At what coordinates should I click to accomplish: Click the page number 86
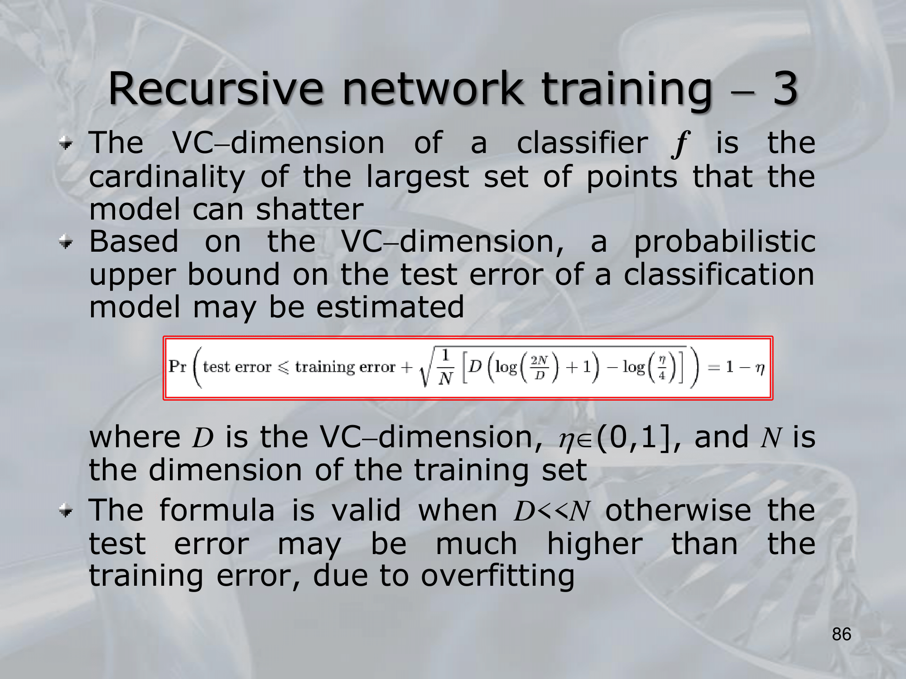pyautogui.click(x=842, y=634)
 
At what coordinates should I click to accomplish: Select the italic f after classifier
pyautogui.click(x=681, y=144)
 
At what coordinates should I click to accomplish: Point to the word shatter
pyautogui.click(x=310, y=209)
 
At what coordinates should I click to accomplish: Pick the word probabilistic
pyautogui.click(x=724, y=241)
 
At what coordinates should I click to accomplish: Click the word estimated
pyautogui.click(x=390, y=307)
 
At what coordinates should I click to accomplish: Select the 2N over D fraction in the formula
pyautogui.click(x=540, y=368)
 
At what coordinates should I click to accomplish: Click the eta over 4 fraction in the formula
pyautogui.click(x=662, y=368)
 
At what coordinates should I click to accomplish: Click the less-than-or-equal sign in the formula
pyautogui.click(x=284, y=368)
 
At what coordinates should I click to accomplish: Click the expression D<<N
pyautogui.click(x=552, y=512)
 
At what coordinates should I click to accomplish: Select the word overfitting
pyautogui.click(x=497, y=576)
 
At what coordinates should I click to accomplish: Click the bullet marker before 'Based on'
pyautogui.click(x=66, y=242)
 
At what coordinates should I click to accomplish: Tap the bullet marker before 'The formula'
pyautogui.click(x=66, y=511)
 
